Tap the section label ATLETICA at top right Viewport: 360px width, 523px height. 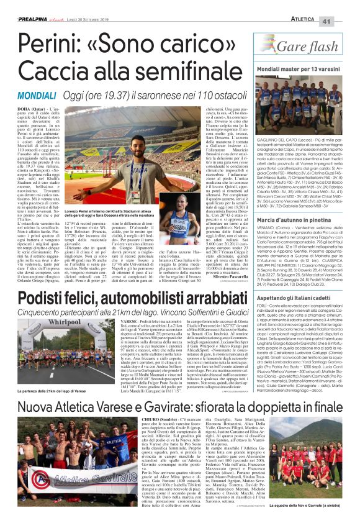click(x=313, y=6)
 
